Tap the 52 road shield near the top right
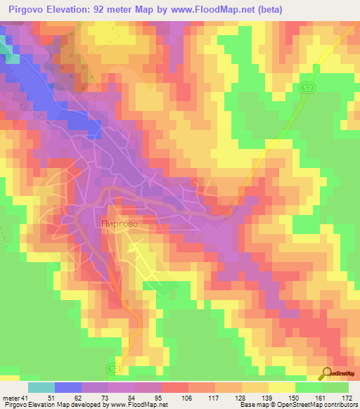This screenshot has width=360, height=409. [x=307, y=87]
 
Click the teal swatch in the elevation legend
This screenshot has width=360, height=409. [x=41, y=387]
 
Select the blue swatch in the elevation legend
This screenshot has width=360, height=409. [x=68, y=387]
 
